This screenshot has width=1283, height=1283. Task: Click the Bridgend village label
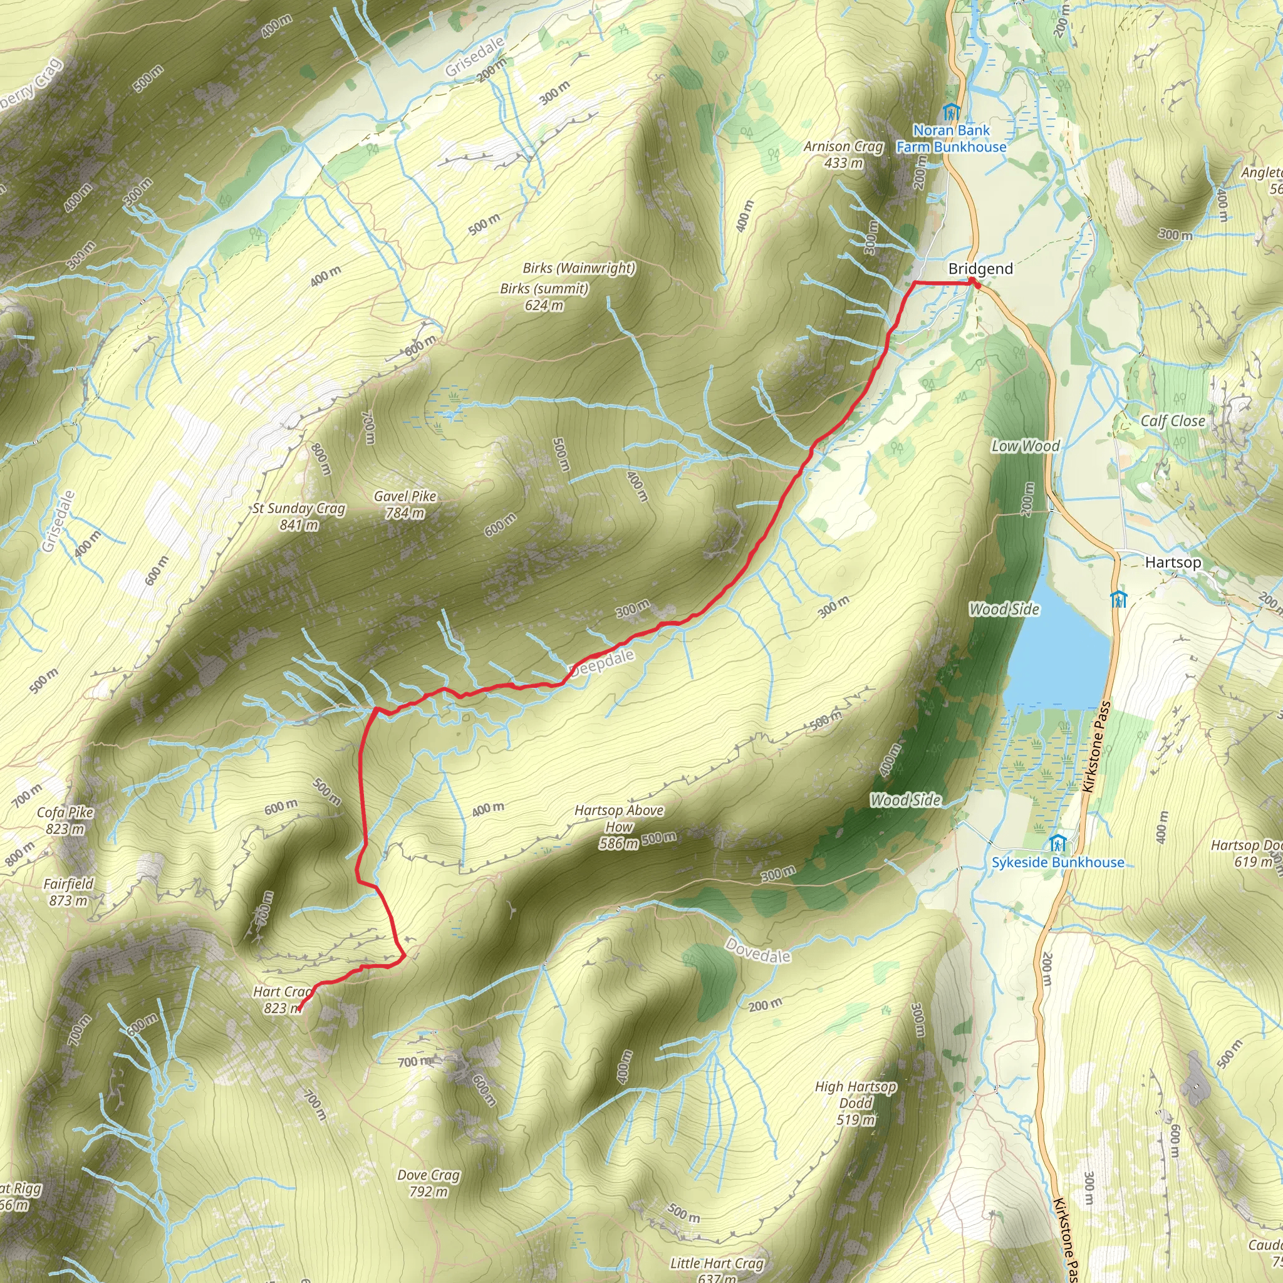[x=980, y=269]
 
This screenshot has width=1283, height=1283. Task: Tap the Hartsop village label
[x=1173, y=563]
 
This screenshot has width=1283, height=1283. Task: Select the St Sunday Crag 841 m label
[x=299, y=517]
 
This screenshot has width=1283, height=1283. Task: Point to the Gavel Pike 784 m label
[x=405, y=504]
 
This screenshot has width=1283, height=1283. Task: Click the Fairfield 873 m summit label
[x=68, y=892]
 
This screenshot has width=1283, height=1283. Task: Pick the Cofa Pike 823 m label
[x=65, y=820]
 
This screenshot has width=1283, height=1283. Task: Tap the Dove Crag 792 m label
[x=429, y=1183]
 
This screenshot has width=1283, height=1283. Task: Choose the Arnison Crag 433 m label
[x=843, y=154]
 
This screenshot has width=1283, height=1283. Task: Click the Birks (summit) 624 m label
[x=544, y=297]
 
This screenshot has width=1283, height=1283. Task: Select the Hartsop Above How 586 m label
[x=618, y=827]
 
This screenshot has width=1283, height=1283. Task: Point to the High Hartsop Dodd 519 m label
[x=855, y=1103]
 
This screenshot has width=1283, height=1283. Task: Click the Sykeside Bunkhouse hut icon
[x=1057, y=844]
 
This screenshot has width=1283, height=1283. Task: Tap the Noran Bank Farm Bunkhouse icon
[x=951, y=112]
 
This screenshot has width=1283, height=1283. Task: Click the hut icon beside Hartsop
[x=1118, y=599]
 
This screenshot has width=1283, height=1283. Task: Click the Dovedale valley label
[x=758, y=951]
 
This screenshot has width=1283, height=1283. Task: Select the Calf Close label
[x=1172, y=421]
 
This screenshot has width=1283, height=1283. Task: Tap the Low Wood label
[x=1026, y=446]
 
